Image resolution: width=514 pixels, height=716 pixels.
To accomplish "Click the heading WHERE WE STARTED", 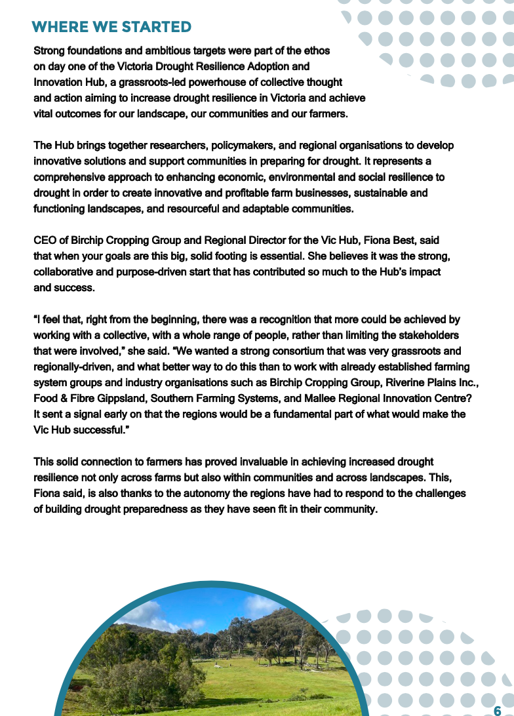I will click(x=111, y=27).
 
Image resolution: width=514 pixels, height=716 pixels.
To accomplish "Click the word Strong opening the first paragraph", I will click(x=50, y=50).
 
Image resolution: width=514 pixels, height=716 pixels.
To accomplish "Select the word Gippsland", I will click(x=113, y=398).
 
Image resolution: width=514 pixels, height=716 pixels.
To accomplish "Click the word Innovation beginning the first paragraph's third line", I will click(x=57, y=83).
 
